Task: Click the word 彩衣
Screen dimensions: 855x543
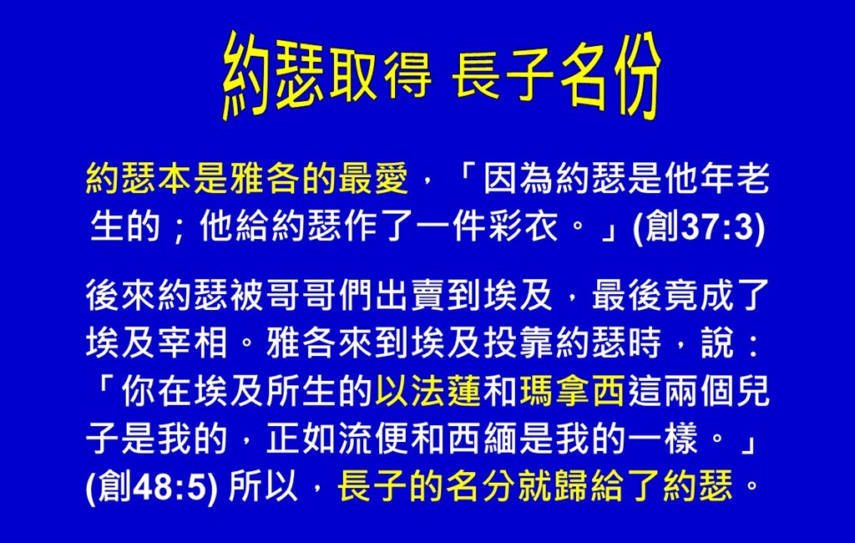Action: click(524, 226)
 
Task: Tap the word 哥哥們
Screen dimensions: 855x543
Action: click(320, 295)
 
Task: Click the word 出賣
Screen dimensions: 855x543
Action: click(410, 295)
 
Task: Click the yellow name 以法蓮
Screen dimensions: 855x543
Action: click(427, 391)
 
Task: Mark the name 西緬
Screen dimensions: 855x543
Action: click(482, 439)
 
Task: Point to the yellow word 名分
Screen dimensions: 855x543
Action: click(480, 485)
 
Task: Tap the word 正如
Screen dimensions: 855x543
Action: click(301, 439)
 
